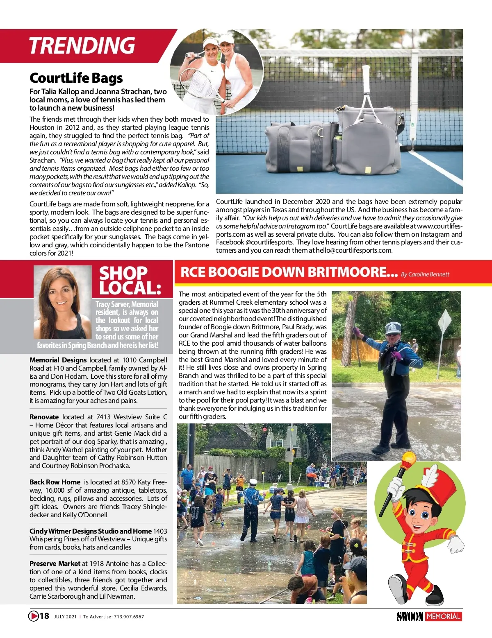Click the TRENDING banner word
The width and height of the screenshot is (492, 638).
(82, 45)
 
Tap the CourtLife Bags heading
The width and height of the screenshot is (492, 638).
(76, 78)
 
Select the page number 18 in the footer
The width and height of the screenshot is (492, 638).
(44, 616)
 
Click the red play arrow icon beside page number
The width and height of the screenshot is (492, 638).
(33, 616)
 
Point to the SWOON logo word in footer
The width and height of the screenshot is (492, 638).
(410, 617)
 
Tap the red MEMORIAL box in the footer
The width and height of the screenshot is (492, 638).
(444, 616)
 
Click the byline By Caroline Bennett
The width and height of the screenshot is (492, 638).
(425, 274)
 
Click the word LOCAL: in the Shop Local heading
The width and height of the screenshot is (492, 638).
(130, 288)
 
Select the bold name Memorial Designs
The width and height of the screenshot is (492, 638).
(58, 360)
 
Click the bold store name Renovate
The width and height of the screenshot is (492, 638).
(44, 417)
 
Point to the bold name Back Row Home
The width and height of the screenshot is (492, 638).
(55, 482)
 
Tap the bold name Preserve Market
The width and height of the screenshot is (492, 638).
(55, 563)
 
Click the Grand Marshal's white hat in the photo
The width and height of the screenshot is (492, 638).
(393, 328)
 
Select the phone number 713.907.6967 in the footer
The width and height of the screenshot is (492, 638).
(129, 617)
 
